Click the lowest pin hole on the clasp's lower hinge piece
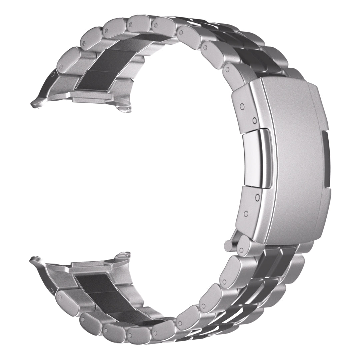point(246,213)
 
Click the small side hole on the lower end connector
point(50,287)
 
